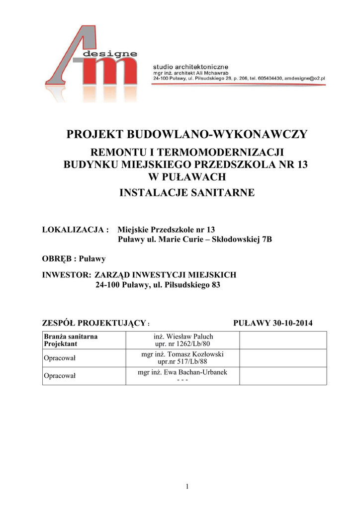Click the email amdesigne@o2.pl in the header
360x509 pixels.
click(304, 79)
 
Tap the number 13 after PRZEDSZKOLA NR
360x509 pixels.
click(302, 165)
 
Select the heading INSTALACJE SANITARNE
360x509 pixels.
click(187, 192)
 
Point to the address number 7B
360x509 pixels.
click(267, 240)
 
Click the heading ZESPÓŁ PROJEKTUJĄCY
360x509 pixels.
click(94, 323)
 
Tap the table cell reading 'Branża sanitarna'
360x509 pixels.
click(71, 337)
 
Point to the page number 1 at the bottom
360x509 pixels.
click(187, 487)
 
